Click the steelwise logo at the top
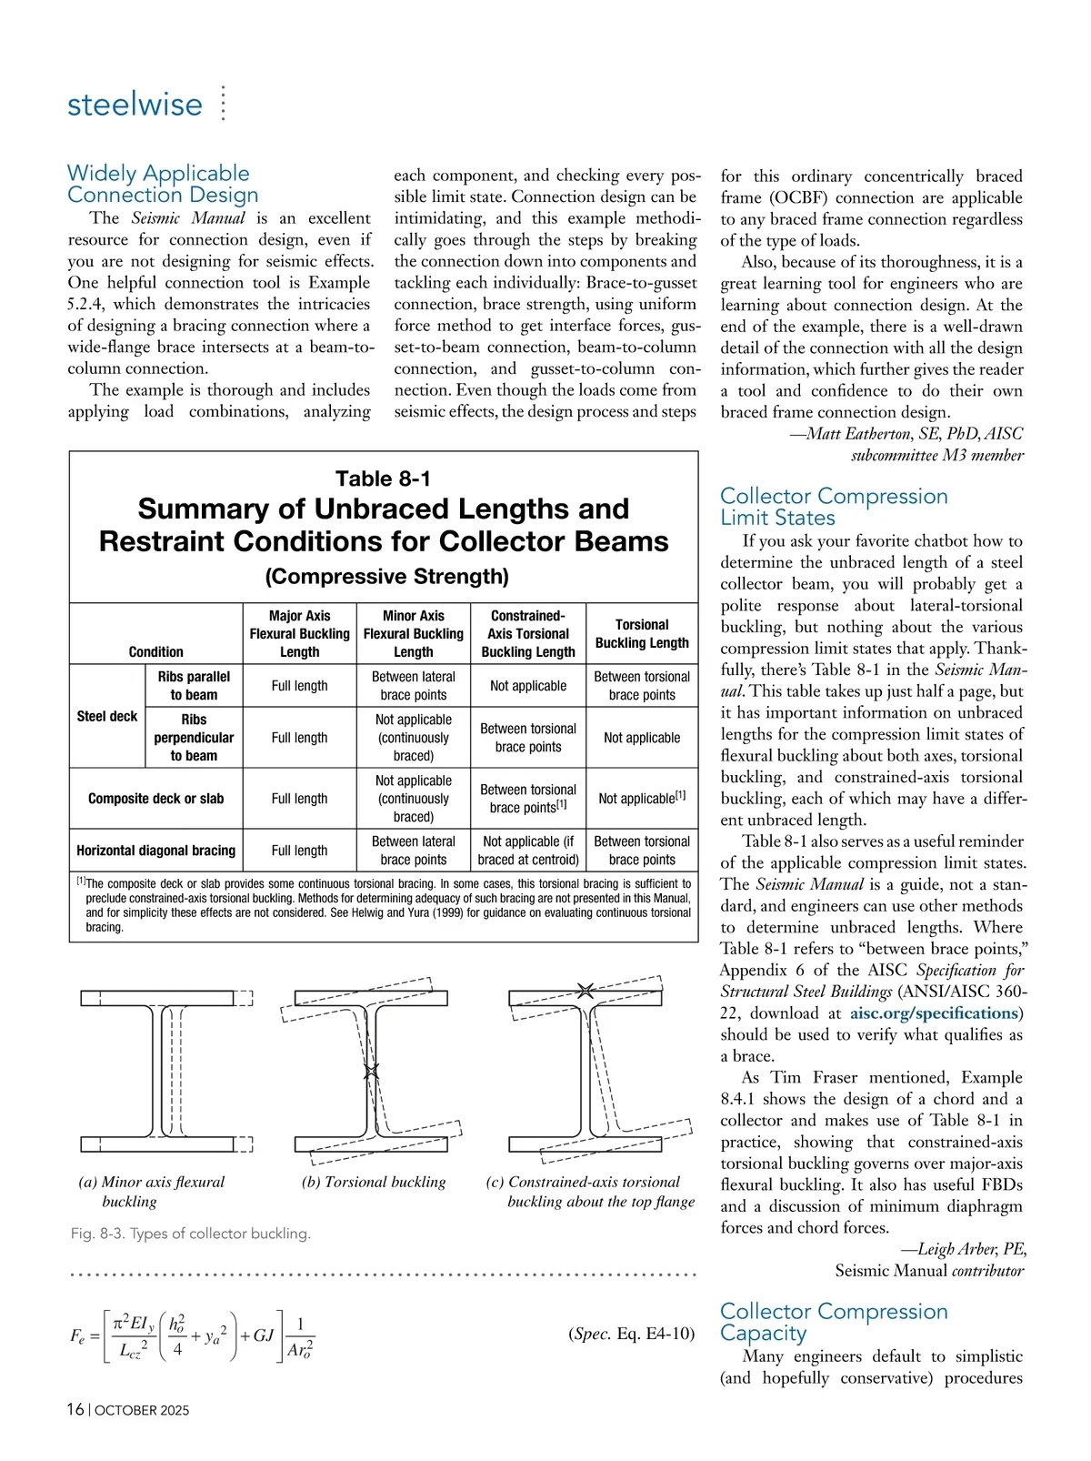(135, 104)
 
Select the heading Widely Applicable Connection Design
(163, 184)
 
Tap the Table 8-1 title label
(383, 479)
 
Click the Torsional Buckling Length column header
(642, 633)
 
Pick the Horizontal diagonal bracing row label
(155, 851)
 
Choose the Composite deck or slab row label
(155, 798)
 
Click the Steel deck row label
(107, 716)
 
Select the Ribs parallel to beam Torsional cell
(642, 685)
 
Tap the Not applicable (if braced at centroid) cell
(528, 851)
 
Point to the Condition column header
(155, 651)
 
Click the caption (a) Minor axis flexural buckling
(151, 1191)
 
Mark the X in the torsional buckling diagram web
(371, 1071)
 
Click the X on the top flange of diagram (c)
(586, 991)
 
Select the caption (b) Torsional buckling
(374, 1182)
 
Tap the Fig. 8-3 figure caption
(191, 1234)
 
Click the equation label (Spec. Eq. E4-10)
(631, 1334)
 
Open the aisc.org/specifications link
(934, 1013)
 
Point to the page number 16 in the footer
(75, 1409)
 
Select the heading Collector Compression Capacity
(834, 1322)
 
